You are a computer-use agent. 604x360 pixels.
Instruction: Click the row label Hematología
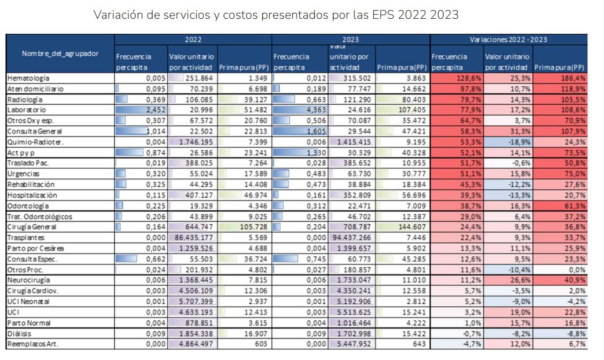(28, 79)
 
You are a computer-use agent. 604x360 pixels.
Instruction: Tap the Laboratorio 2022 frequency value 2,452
(155, 110)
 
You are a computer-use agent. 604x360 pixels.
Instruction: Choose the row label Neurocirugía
(29, 280)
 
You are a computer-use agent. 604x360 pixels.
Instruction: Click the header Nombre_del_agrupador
(60, 54)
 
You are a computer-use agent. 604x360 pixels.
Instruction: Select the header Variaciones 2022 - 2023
(509, 40)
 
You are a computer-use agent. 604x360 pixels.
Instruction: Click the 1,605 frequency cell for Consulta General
(314, 132)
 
